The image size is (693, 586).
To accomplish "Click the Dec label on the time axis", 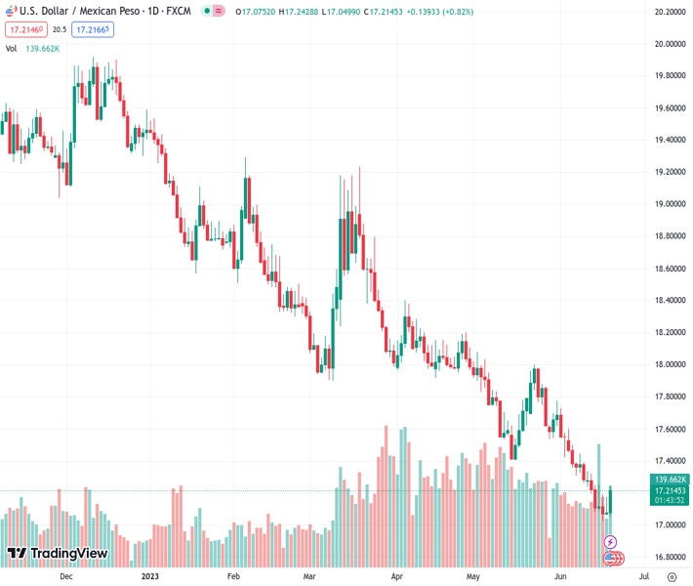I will click(65, 576).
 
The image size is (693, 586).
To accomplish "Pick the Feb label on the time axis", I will click(233, 576).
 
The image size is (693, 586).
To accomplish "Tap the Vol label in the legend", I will click(12, 48).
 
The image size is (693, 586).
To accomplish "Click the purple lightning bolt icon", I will click(611, 542).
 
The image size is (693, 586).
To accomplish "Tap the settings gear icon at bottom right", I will click(673, 576).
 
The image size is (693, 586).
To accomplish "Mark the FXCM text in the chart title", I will click(179, 11).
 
